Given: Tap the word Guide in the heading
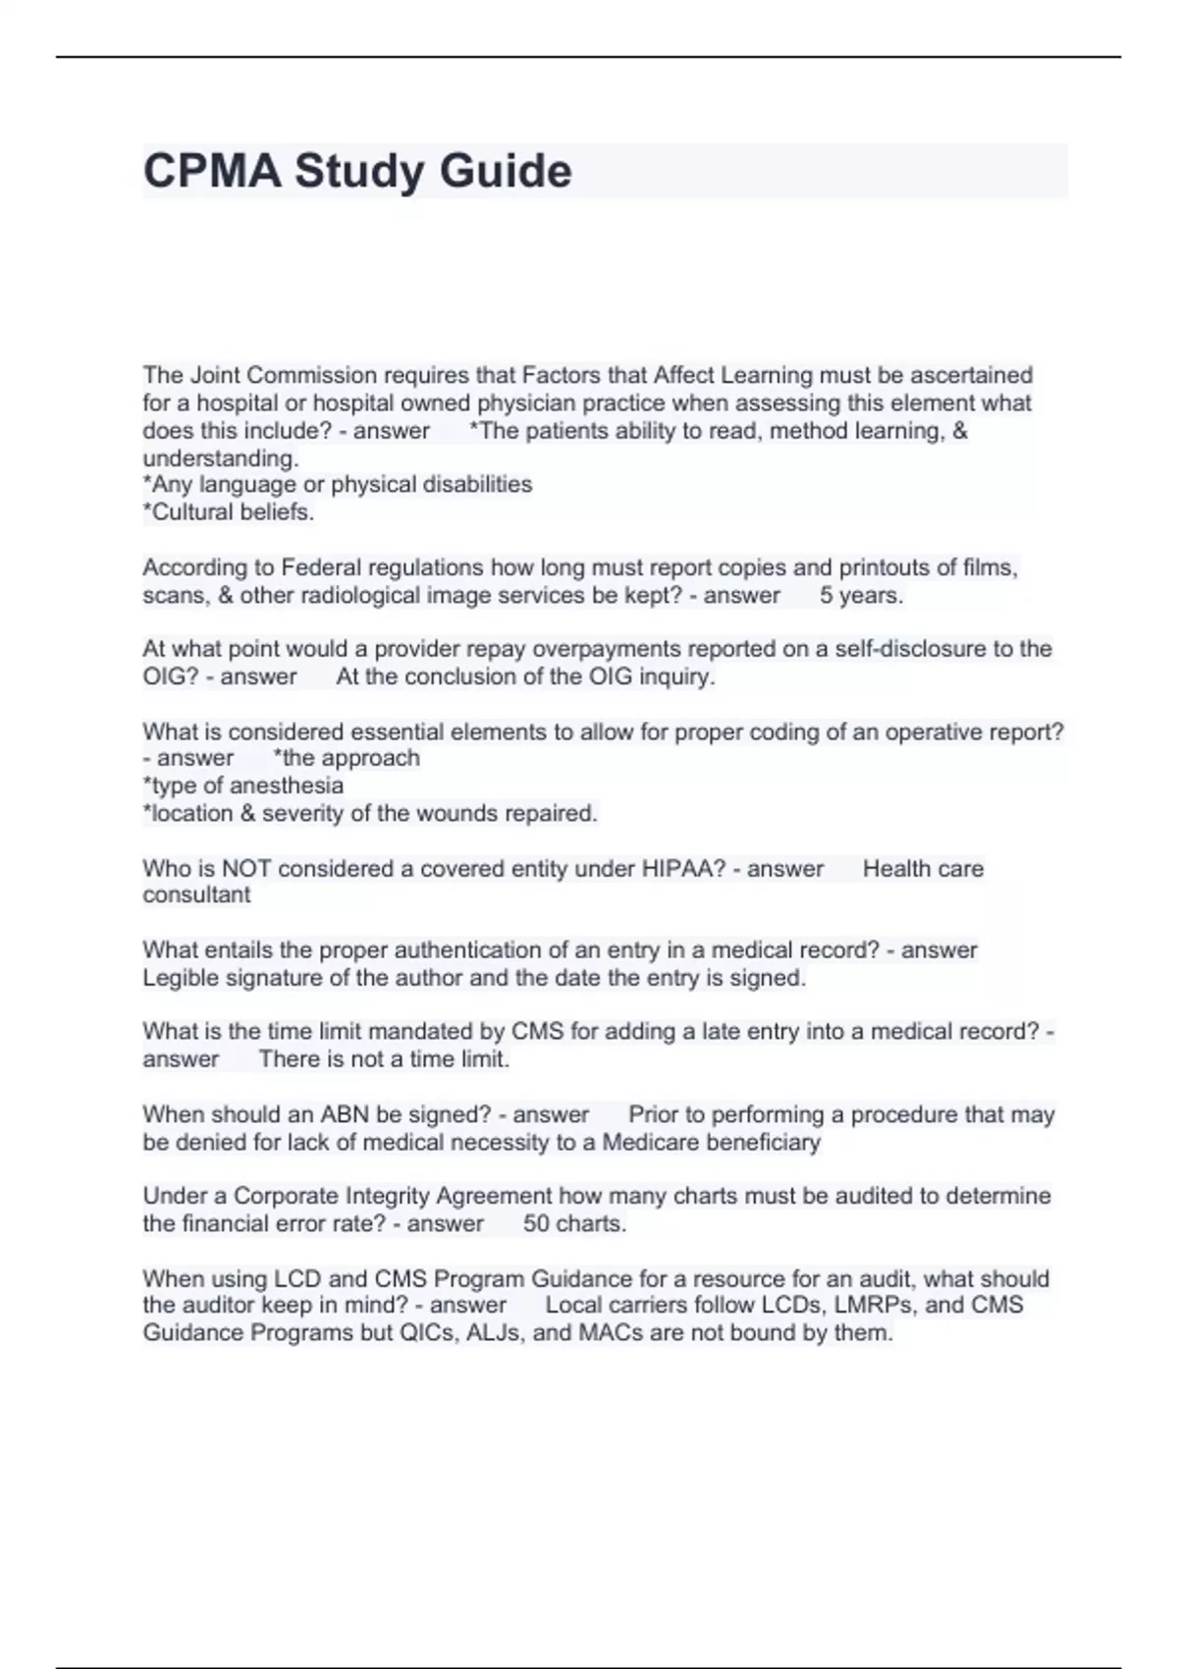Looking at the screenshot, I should [506, 171].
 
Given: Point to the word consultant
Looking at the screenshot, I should [196, 894].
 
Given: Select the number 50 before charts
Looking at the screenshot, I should [536, 1223].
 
